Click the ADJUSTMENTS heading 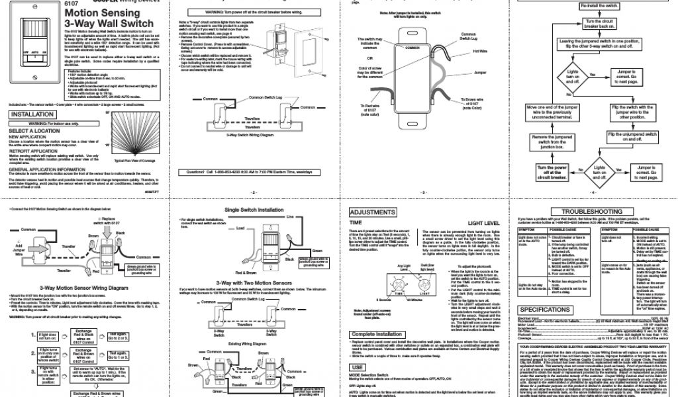pos(375,212)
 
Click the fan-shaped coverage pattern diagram pos(137,132)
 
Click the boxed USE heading pos(358,367)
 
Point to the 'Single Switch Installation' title pos(254,210)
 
